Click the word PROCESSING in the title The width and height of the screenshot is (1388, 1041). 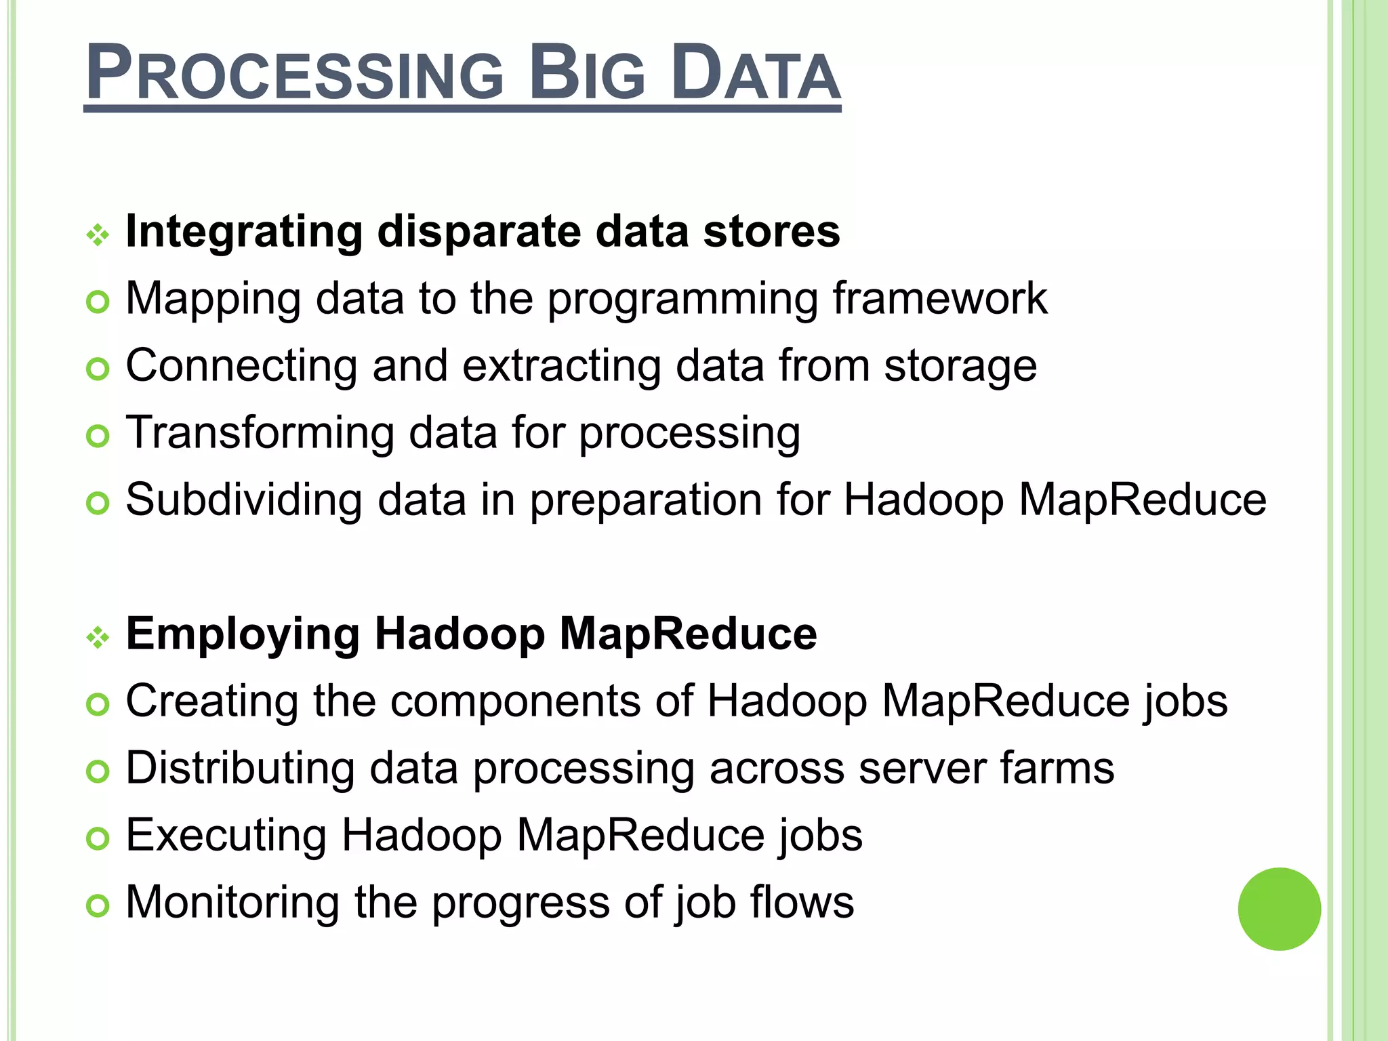click(x=295, y=73)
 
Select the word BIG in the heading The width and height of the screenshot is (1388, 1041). click(x=586, y=73)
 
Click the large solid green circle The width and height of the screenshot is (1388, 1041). click(x=1279, y=909)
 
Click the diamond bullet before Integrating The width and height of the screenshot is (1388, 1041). click(x=98, y=235)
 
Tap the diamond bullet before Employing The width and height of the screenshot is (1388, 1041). click(x=98, y=637)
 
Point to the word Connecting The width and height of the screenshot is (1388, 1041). click(x=241, y=367)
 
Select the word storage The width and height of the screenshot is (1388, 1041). click(x=960, y=367)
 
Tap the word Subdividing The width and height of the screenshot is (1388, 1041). click(x=243, y=500)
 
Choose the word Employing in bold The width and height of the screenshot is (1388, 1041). click(x=243, y=635)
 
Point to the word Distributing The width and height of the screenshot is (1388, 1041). click(x=240, y=769)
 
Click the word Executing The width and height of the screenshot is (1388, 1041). click(x=226, y=835)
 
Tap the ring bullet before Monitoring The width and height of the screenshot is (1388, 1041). click(x=98, y=906)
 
